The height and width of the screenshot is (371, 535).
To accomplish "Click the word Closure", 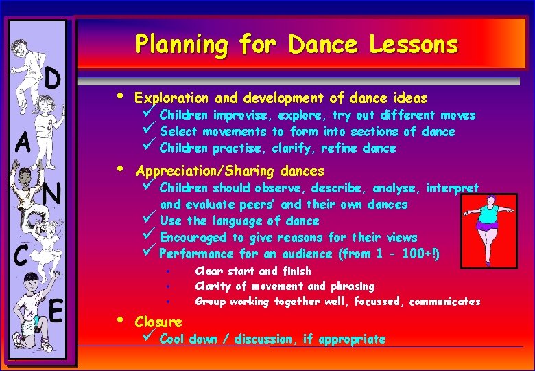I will click(x=158, y=322).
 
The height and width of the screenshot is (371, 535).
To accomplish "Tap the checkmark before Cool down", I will click(x=148, y=338).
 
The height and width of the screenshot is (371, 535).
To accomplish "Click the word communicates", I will click(x=446, y=301).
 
